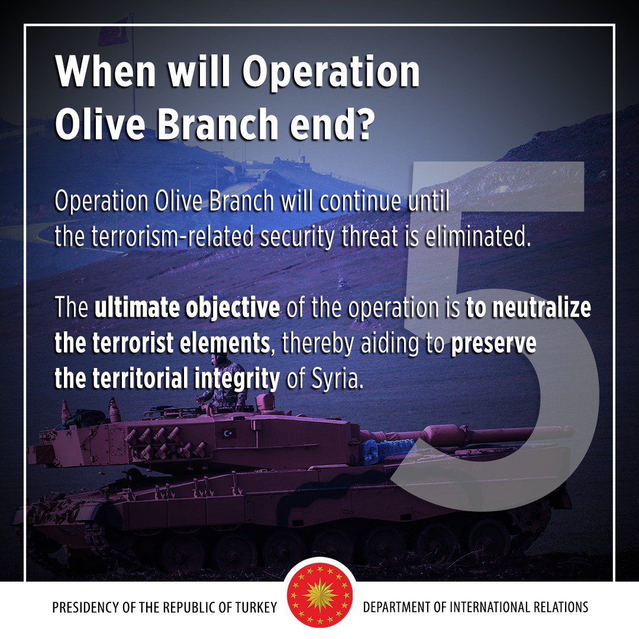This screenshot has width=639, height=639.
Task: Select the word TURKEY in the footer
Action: point(258,608)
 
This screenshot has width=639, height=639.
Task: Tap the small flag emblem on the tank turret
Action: point(227,434)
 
